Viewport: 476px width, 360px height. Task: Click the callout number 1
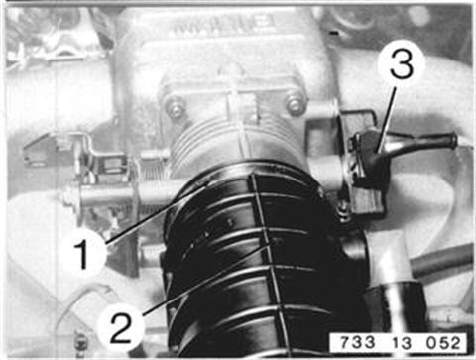tap(82, 254)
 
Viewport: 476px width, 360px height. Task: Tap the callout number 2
tap(121, 328)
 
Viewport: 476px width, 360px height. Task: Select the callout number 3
tap(401, 64)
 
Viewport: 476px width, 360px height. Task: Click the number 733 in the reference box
tap(358, 343)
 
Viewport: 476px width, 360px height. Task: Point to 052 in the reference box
tap(443, 343)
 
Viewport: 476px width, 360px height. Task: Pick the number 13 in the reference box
tap(401, 343)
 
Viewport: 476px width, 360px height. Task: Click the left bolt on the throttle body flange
tap(175, 106)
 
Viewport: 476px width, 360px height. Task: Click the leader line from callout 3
tap(387, 121)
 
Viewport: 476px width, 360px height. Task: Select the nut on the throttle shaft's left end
tap(68, 197)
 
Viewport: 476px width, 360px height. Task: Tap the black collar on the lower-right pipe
tap(395, 305)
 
